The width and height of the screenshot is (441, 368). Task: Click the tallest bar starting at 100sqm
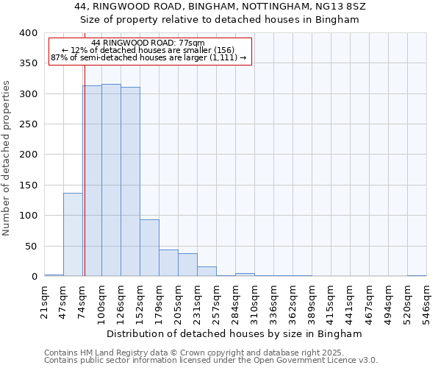[111, 180]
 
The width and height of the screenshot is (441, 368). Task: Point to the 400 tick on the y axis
[28, 33]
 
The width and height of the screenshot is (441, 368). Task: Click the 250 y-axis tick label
[28, 124]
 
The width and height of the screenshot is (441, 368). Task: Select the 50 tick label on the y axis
[31, 246]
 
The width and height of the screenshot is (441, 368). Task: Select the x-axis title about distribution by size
[240, 333]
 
